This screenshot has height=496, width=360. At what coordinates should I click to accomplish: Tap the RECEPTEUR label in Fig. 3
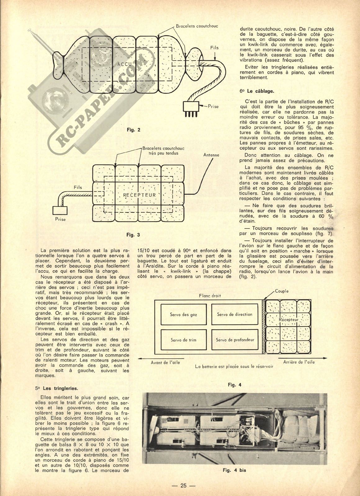[x=139, y=195]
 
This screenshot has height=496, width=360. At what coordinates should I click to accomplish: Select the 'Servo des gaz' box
[x=183, y=314]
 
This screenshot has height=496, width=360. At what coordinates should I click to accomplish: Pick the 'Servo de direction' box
[x=235, y=314]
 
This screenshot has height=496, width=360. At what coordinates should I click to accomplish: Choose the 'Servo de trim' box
[x=183, y=340]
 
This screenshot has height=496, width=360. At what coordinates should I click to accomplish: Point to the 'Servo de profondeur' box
[x=235, y=340]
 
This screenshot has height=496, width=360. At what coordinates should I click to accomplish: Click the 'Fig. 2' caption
[x=133, y=130]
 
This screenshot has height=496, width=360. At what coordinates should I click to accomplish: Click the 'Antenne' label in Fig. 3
[x=211, y=155]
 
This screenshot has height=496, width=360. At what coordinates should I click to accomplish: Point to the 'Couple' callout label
[x=282, y=291]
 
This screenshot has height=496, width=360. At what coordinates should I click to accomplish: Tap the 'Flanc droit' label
[x=210, y=296]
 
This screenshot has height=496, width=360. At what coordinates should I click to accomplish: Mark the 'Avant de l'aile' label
[x=165, y=362]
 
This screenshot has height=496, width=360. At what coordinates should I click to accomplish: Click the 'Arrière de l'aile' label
[x=299, y=362]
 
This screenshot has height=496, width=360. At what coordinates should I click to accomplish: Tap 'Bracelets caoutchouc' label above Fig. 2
[x=197, y=26]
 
